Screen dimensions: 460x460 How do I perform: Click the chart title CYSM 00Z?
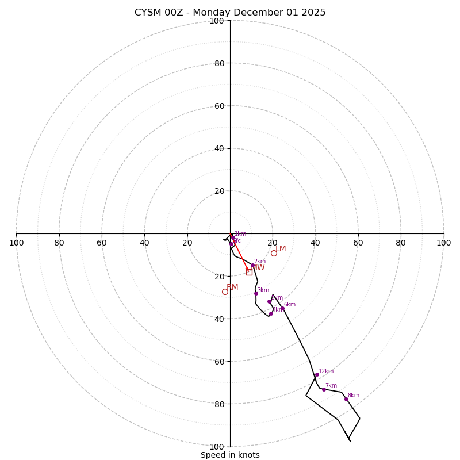point(230,13)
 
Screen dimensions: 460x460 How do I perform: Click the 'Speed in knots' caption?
point(230,455)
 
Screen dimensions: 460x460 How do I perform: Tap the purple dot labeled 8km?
point(346,399)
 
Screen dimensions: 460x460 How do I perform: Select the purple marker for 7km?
point(324,389)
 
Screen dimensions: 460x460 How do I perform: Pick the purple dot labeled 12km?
point(317,375)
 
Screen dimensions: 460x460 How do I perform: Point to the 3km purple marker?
point(256,293)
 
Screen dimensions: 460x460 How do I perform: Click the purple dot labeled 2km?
point(252,266)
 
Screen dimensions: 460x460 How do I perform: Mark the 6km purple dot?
point(282,309)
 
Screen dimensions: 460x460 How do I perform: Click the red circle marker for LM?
point(274,253)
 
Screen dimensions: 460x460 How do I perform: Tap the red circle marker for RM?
point(225,292)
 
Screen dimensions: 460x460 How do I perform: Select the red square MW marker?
point(249,272)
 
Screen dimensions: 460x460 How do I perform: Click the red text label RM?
point(232,287)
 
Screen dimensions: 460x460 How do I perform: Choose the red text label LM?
point(281,248)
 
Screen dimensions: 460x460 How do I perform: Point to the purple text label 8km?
point(354,395)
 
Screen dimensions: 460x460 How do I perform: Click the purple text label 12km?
point(326,371)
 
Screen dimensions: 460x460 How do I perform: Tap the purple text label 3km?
point(263,290)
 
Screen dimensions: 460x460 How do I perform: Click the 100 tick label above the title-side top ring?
point(217,21)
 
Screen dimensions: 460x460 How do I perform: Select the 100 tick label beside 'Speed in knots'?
point(217,446)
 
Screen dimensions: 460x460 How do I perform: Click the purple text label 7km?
point(331,385)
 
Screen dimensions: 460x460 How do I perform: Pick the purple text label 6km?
point(290,304)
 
